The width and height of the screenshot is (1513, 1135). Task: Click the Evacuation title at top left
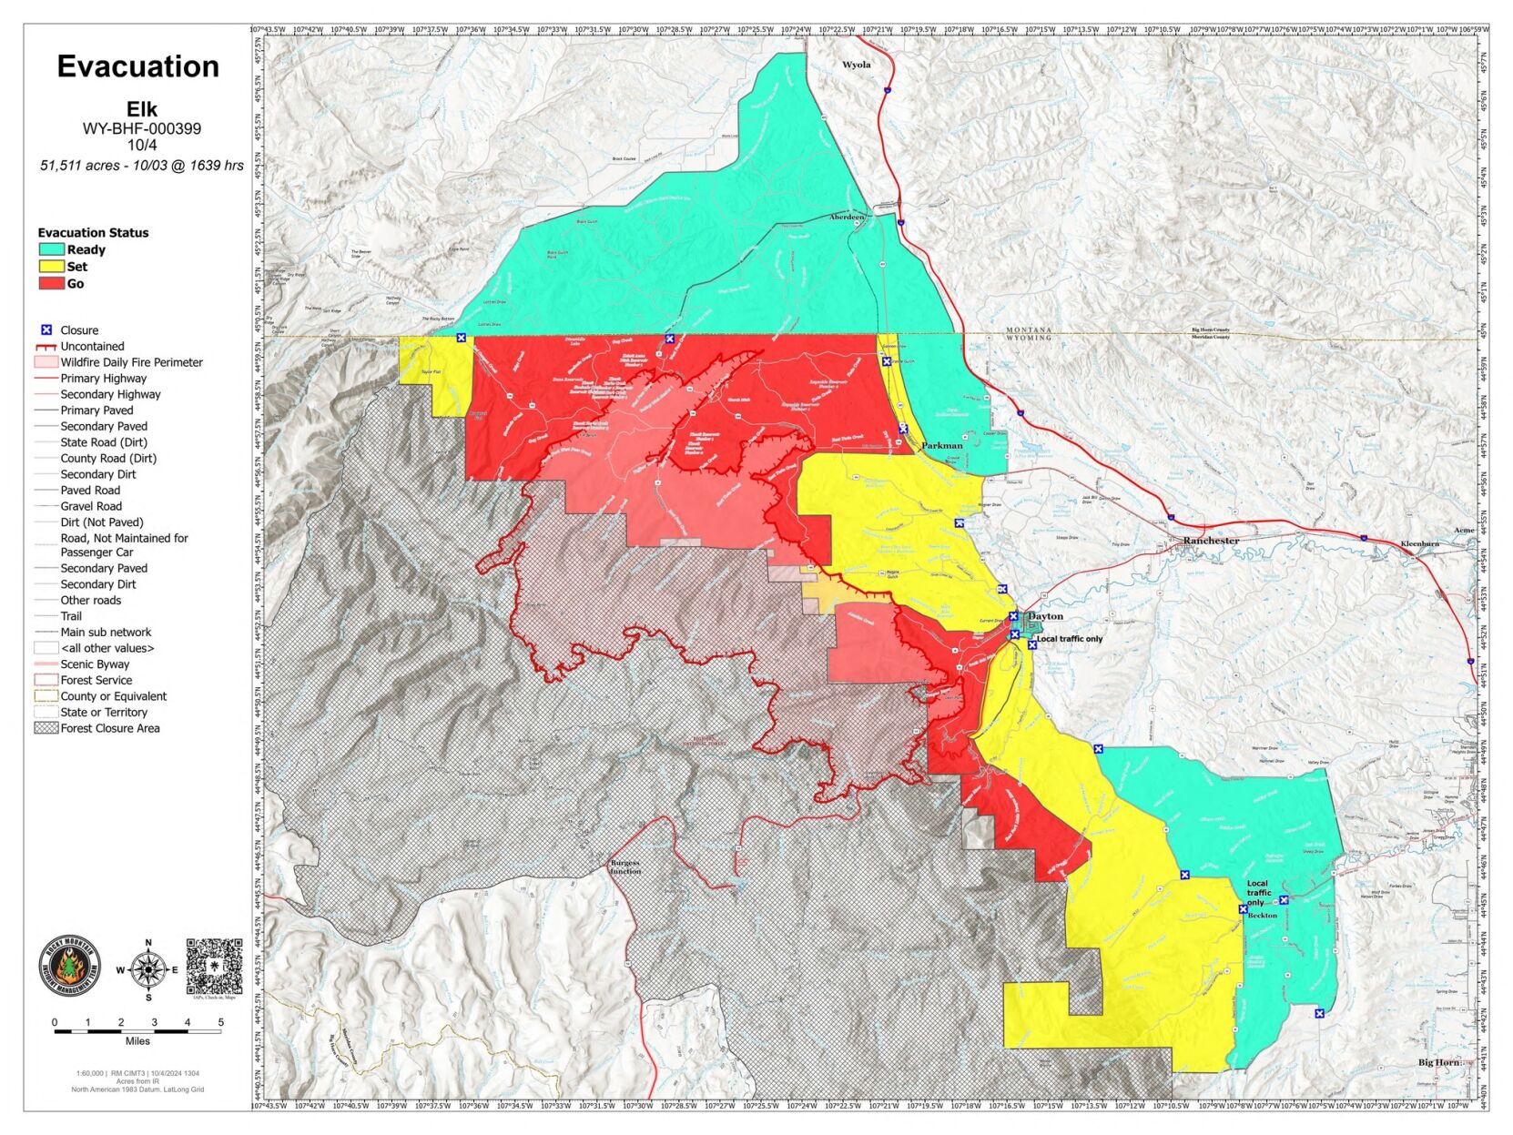[x=138, y=66]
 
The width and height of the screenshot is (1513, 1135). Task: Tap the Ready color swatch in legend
[x=51, y=249]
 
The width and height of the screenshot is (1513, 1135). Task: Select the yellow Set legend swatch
[x=51, y=267]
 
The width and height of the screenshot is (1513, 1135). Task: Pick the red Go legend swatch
[x=51, y=283]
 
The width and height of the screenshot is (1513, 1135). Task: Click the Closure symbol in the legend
[x=46, y=330]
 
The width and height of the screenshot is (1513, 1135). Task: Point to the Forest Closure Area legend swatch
[x=46, y=728]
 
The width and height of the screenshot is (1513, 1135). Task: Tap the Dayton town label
[x=1045, y=616]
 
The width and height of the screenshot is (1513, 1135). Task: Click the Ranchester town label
[x=1211, y=541]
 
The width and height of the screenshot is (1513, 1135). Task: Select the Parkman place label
[x=941, y=446]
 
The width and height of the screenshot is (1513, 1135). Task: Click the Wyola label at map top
[x=856, y=65]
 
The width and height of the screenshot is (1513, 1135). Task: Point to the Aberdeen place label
[x=847, y=218]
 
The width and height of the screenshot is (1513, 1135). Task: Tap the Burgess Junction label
[x=625, y=866]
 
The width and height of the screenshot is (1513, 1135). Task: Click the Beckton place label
[x=1263, y=916]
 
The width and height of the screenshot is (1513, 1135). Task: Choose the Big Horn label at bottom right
[x=1439, y=1062]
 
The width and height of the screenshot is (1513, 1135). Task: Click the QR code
[x=215, y=967]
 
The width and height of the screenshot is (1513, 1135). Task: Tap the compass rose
[x=147, y=970]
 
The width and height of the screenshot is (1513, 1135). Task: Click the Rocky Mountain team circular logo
[x=70, y=967]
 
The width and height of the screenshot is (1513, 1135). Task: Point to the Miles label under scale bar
[x=137, y=1041]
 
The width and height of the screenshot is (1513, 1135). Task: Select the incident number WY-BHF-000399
[x=142, y=128]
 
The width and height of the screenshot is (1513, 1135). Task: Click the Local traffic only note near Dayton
[x=1070, y=639]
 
